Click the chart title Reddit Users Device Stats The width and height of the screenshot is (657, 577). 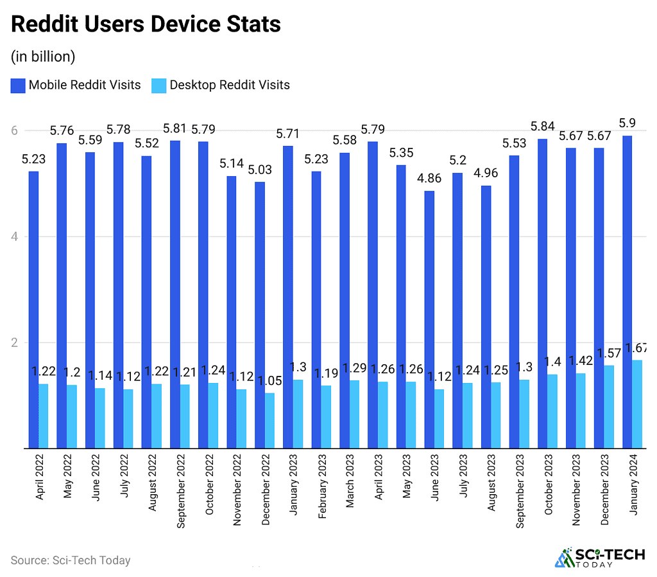pos(146,24)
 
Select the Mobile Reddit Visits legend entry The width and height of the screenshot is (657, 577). pos(76,85)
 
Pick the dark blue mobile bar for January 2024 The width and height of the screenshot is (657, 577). pos(627,292)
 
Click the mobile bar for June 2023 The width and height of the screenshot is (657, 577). pos(429,319)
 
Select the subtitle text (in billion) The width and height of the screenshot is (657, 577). pos(43,57)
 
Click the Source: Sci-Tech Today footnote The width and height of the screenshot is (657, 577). pos(71,560)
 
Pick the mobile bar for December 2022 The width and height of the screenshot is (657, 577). pos(260,315)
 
